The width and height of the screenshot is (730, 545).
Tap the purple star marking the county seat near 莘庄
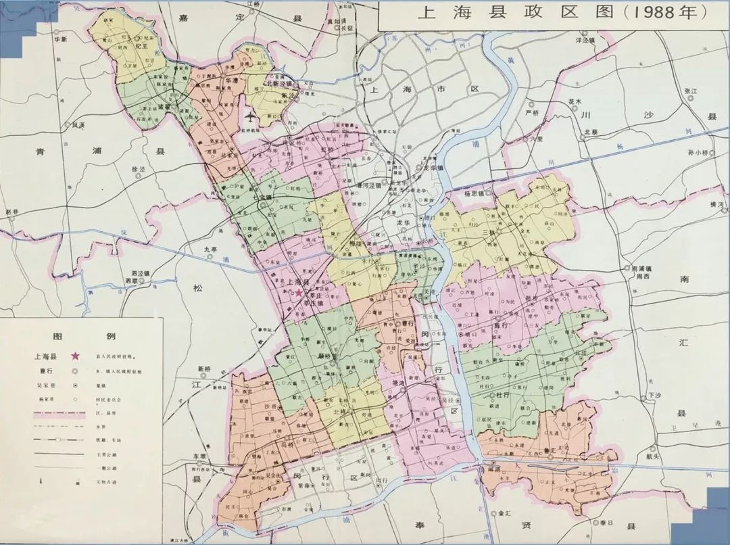click(x=299, y=293)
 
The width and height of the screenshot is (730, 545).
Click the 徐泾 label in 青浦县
click(x=139, y=168)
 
